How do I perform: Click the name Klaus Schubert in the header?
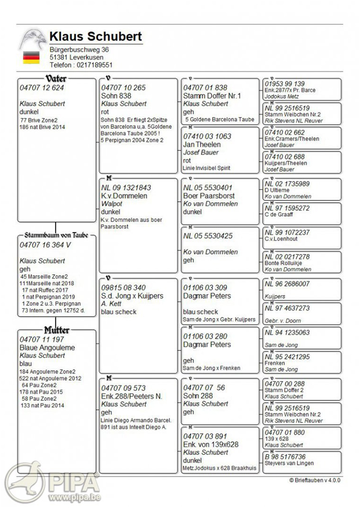[x=96, y=37]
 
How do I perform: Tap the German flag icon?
[x=31, y=57]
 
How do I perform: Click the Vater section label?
[x=56, y=79]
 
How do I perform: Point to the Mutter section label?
[x=57, y=330]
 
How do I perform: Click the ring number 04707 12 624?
[x=42, y=88]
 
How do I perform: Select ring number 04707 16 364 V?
[x=45, y=244]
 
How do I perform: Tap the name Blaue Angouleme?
[x=48, y=347]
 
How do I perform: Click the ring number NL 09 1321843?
[x=126, y=188]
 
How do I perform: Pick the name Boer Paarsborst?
[x=208, y=196]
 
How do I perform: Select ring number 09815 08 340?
[x=123, y=288]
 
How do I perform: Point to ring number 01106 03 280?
[x=205, y=337]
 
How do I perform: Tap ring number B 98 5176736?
[x=285, y=457]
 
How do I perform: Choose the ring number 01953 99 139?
[x=284, y=84]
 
